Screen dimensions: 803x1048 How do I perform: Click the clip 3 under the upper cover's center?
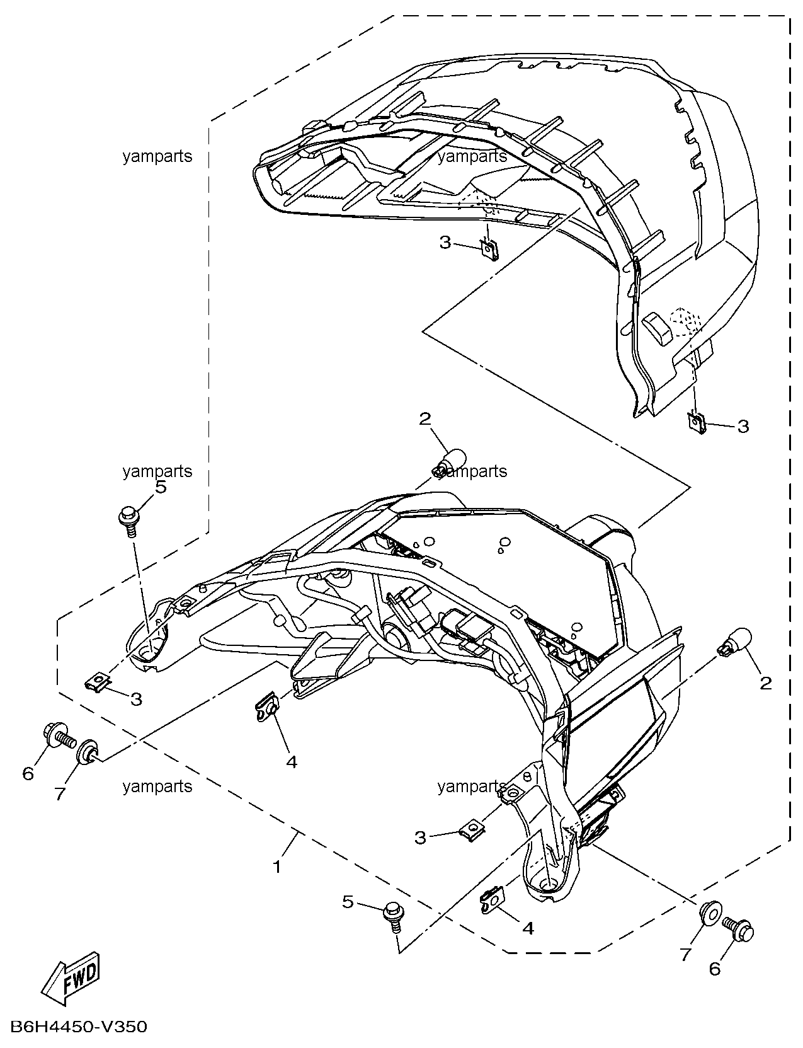coord(490,250)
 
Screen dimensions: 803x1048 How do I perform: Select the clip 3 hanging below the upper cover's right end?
coord(696,423)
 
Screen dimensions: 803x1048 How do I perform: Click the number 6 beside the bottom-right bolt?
coord(714,965)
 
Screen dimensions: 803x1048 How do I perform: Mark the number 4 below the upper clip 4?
coord(291,762)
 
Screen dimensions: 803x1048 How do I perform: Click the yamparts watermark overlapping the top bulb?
coord(472,471)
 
